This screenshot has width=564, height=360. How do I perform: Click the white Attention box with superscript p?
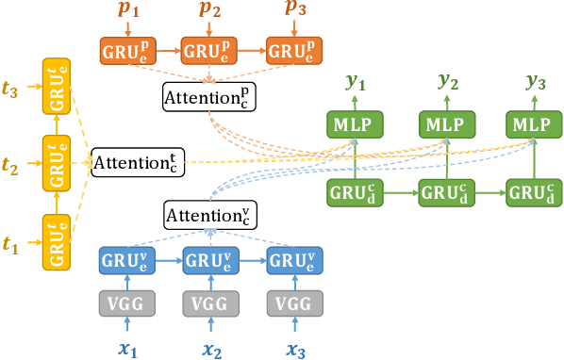(x=210, y=96)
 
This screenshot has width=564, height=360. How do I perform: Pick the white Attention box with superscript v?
(x=210, y=215)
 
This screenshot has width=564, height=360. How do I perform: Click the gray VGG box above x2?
(x=210, y=303)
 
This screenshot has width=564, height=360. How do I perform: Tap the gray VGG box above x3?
(x=294, y=303)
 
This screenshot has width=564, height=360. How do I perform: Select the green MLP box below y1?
(x=355, y=124)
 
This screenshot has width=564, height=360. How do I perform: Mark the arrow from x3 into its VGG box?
(x=294, y=327)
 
